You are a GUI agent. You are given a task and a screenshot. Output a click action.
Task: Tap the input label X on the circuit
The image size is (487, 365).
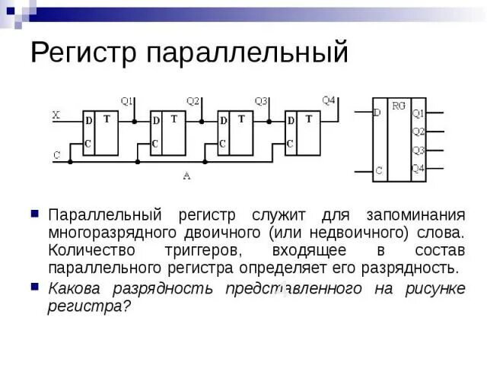(56, 116)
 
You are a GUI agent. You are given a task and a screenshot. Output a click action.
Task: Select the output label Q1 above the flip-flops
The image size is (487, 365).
(127, 101)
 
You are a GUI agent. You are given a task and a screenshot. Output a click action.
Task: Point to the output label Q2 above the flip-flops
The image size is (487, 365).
(193, 101)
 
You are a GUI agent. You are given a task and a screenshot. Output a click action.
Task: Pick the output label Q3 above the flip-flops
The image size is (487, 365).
(261, 101)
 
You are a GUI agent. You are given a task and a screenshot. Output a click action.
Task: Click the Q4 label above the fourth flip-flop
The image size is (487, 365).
(329, 100)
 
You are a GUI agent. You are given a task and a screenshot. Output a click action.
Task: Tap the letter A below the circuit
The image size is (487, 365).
(186, 176)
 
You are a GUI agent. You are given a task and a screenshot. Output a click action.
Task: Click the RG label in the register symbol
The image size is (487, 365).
(399, 106)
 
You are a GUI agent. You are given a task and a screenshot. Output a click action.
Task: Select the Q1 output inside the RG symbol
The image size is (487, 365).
(418, 113)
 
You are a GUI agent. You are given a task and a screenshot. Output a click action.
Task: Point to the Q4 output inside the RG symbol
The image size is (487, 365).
(418, 168)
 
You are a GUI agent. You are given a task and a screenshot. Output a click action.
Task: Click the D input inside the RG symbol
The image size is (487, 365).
(377, 113)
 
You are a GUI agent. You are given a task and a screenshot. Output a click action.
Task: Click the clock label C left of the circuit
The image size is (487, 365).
(56, 155)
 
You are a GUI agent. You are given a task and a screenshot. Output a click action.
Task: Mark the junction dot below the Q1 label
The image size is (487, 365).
(135, 121)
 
